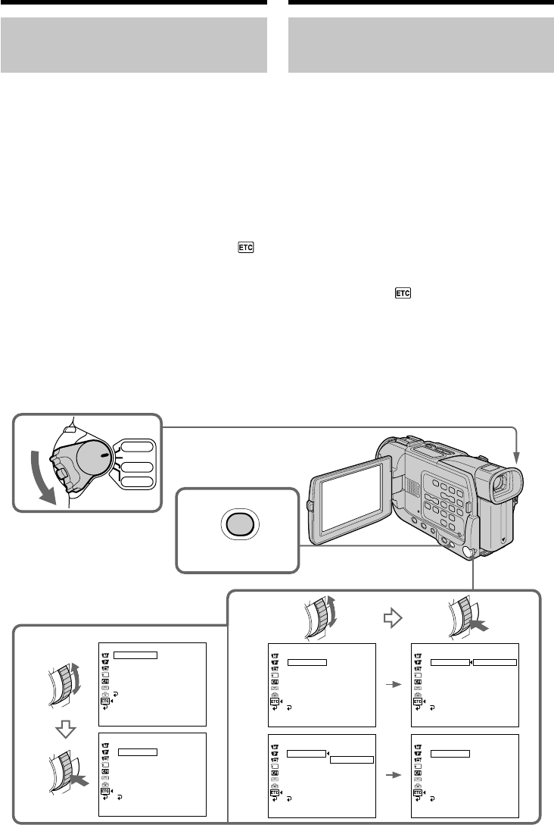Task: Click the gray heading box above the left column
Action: pos(134,46)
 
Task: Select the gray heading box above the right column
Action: pos(422,46)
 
